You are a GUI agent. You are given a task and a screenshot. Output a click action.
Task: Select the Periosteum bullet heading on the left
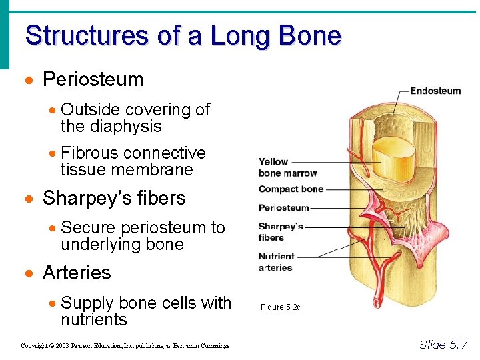point(93,79)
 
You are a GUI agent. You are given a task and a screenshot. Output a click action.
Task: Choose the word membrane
point(156,169)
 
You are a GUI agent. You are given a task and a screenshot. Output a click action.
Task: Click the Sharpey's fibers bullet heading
point(114,198)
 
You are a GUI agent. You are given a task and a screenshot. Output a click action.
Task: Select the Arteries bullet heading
point(77,273)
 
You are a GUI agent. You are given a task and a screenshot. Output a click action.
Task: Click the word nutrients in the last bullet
point(93,319)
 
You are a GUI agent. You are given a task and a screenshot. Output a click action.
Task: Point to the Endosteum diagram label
point(435,91)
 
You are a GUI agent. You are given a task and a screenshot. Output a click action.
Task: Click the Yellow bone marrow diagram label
point(278,167)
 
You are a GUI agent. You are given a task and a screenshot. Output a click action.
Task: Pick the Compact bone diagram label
point(291,189)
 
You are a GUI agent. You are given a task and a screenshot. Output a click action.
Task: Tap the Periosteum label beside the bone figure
point(284,207)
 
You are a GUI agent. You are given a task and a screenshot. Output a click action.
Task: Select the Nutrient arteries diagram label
point(276,261)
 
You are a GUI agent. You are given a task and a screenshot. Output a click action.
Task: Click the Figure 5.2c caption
point(280,307)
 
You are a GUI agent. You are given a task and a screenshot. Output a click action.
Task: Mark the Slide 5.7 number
point(443,345)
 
